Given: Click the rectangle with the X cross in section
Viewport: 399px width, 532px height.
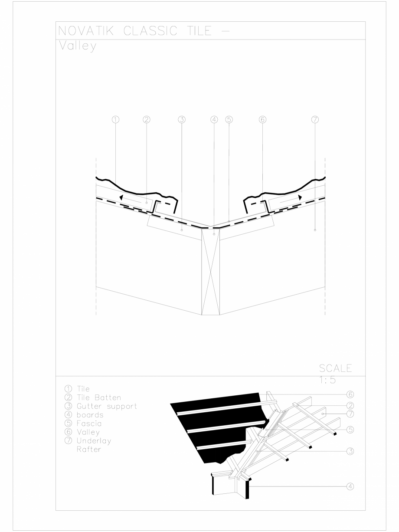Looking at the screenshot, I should (x=211, y=271).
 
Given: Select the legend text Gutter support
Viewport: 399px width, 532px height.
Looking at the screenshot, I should (x=105, y=406).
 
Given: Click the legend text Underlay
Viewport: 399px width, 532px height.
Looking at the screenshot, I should (x=94, y=440).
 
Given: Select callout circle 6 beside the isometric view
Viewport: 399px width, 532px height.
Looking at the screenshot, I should (x=350, y=394).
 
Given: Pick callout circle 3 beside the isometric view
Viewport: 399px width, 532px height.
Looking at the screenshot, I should (x=350, y=451).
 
